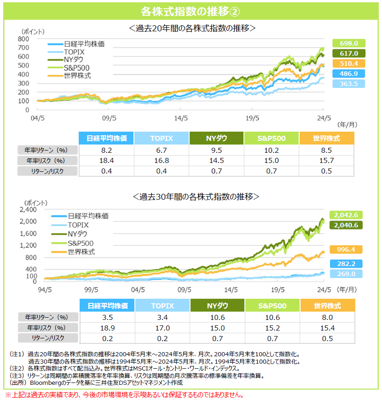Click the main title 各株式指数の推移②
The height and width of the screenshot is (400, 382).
(x=191, y=11)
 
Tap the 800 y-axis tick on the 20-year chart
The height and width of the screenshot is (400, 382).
(x=24, y=39)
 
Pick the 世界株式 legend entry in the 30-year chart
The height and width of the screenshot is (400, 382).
(x=81, y=252)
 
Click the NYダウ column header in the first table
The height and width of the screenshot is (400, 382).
(x=216, y=138)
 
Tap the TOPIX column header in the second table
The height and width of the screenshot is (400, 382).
(x=162, y=306)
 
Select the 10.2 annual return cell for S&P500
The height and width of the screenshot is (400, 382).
(x=272, y=150)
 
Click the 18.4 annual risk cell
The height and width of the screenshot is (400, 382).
(x=106, y=161)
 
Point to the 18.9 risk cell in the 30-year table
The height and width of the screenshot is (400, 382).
(x=106, y=328)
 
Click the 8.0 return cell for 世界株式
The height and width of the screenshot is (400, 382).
(x=327, y=317)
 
